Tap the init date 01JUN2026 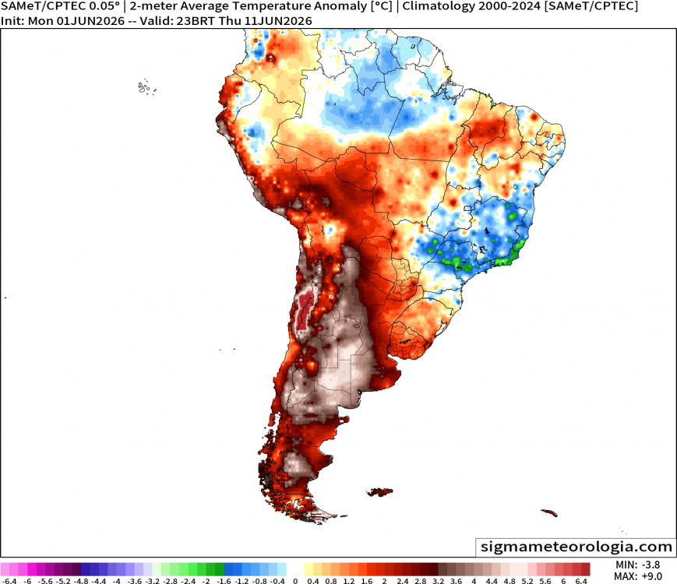(90, 21)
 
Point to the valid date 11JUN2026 (278, 21)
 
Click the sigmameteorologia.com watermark (577, 547)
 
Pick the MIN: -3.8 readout (637, 565)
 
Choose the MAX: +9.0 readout (637, 576)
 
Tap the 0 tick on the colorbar (295, 581)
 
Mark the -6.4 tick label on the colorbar (9, 581)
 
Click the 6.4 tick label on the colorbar (581, 581)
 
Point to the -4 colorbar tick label (116, 581)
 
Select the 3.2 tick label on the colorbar (439, 581)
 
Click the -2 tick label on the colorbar (206, 581)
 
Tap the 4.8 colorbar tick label (510, 581)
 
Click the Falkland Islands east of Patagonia (380, 491)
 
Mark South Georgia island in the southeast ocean (548, 512)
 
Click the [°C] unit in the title (382, 6)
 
